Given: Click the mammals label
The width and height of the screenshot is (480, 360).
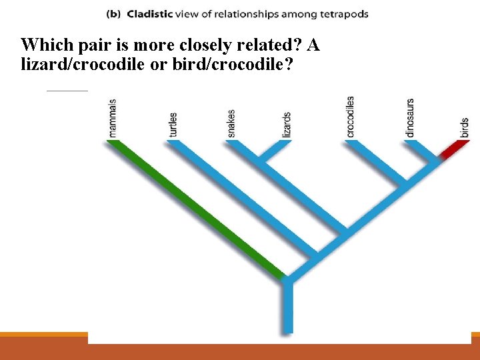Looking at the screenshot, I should [113, 118].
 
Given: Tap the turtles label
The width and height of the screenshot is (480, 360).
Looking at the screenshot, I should [173, 124].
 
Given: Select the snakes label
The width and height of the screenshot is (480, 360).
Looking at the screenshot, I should [231, 123].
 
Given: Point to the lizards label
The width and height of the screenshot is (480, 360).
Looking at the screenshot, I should [287, 125].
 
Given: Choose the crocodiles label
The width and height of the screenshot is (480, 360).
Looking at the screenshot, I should [350, 117].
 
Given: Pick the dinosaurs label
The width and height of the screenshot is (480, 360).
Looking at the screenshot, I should [410, 119].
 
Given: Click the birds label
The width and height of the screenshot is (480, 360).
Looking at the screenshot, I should [464, 127].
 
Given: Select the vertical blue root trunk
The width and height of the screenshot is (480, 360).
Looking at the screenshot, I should [287, 307].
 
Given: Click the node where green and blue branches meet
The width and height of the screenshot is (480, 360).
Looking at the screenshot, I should [287, 279].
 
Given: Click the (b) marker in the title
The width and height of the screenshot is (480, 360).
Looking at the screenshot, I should [113, 14].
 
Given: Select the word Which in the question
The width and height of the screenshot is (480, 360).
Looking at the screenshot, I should [41, 45].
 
